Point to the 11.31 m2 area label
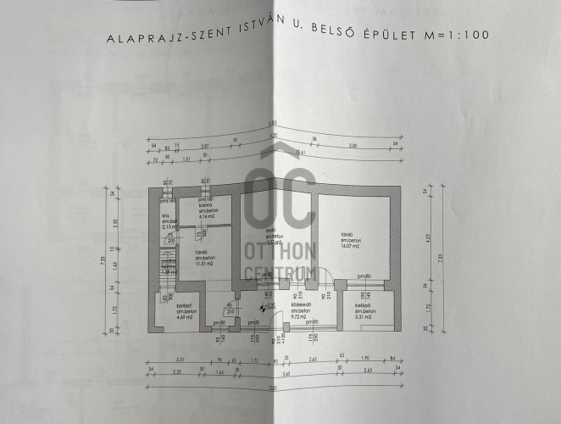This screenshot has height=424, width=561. (203, 264)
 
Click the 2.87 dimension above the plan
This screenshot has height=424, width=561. (206, 147)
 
